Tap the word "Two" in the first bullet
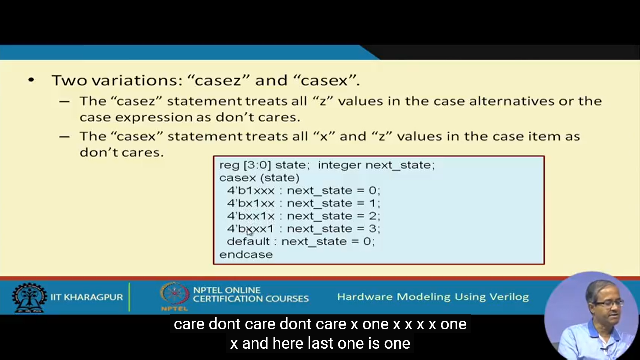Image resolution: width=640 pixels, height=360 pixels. (x=69, y=80)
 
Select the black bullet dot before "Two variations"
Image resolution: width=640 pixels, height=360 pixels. (x=31, y=80)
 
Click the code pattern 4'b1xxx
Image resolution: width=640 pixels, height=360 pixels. (x=251, y=190)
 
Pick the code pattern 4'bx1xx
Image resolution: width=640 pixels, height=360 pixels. (x=251, y=203)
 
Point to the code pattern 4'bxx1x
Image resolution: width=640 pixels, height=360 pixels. (x=251, y=216)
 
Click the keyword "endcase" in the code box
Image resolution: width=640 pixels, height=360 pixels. (x=246, y=255)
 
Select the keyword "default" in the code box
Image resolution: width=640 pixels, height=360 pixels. (x=248, y=241)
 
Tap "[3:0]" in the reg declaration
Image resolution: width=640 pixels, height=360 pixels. (x=257, y=165)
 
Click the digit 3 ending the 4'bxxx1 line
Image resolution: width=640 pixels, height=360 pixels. (x=372, y=229)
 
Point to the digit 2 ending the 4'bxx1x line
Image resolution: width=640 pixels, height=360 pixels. (x=372, y=216)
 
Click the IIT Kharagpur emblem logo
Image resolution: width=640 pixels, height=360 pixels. (x=29, y=297)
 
